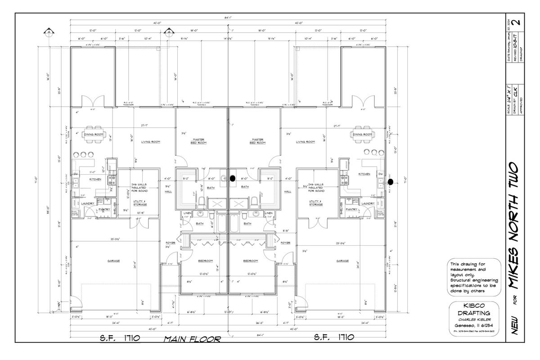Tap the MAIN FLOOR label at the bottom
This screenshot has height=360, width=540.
point(192,339)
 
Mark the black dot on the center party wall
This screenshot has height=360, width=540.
point(233,178)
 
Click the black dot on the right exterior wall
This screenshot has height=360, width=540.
point(390,181)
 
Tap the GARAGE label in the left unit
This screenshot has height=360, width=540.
point(113,261)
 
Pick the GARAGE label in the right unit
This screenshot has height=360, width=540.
point(342,261)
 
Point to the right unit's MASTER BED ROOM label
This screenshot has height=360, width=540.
point(256,141)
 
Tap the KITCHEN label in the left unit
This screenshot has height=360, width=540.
point(95,179)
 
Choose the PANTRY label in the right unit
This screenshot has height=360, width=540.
point(351,209)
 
